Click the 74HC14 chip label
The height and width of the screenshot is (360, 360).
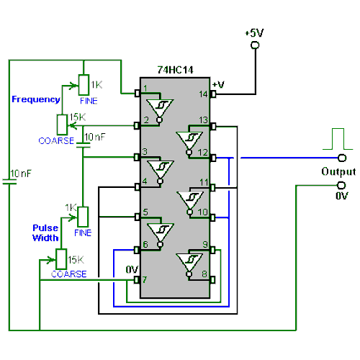point(175,71)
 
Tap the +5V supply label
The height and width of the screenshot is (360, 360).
point(254,33)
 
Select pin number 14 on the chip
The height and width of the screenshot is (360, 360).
point(203,94)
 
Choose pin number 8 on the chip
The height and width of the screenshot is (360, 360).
point(204,273)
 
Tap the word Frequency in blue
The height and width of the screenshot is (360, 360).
point(36,99)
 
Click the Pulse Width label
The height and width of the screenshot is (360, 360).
point(45,233)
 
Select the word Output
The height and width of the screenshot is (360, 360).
point(338,172)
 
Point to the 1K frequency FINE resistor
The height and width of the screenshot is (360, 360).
point(84,84)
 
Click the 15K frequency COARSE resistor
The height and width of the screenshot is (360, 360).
point(62,124)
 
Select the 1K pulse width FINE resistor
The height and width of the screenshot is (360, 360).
point(83,216)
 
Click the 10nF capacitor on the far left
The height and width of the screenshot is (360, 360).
point(9,181)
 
